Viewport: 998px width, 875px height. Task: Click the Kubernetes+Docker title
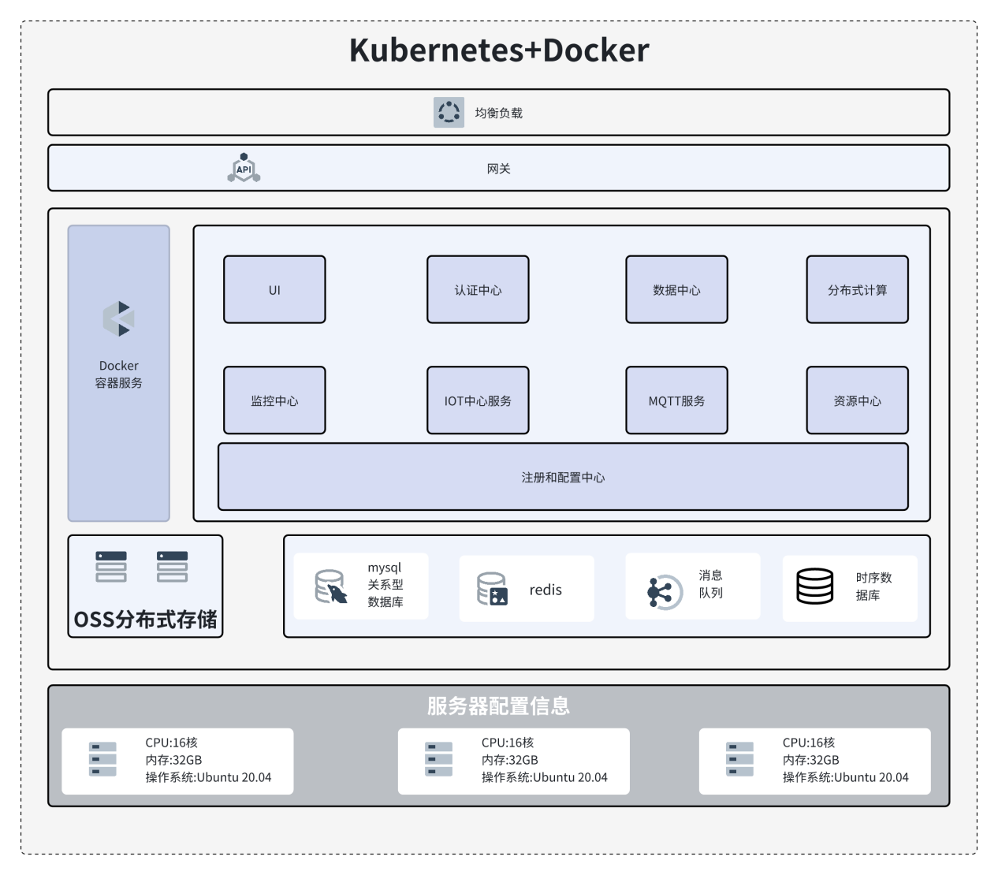499,50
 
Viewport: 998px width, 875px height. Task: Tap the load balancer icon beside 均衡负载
449,112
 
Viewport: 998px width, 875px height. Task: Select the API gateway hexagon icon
244,168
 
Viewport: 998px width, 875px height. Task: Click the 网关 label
498,169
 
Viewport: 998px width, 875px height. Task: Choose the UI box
274,289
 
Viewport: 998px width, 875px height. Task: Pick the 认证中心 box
478,289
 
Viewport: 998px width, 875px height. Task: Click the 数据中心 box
676,289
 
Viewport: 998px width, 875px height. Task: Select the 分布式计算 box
857,289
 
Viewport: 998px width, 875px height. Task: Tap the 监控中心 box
274,400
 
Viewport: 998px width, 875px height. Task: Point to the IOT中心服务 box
478,400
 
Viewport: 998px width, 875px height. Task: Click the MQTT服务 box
676,400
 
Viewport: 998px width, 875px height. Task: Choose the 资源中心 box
857,400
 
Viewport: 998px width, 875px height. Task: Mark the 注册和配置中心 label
563,478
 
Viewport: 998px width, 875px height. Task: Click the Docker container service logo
119,318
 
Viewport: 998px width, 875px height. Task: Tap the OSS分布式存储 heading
146,620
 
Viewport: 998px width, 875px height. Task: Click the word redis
546,590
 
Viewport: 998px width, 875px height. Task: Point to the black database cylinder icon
814,586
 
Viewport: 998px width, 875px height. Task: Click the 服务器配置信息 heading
498,706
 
